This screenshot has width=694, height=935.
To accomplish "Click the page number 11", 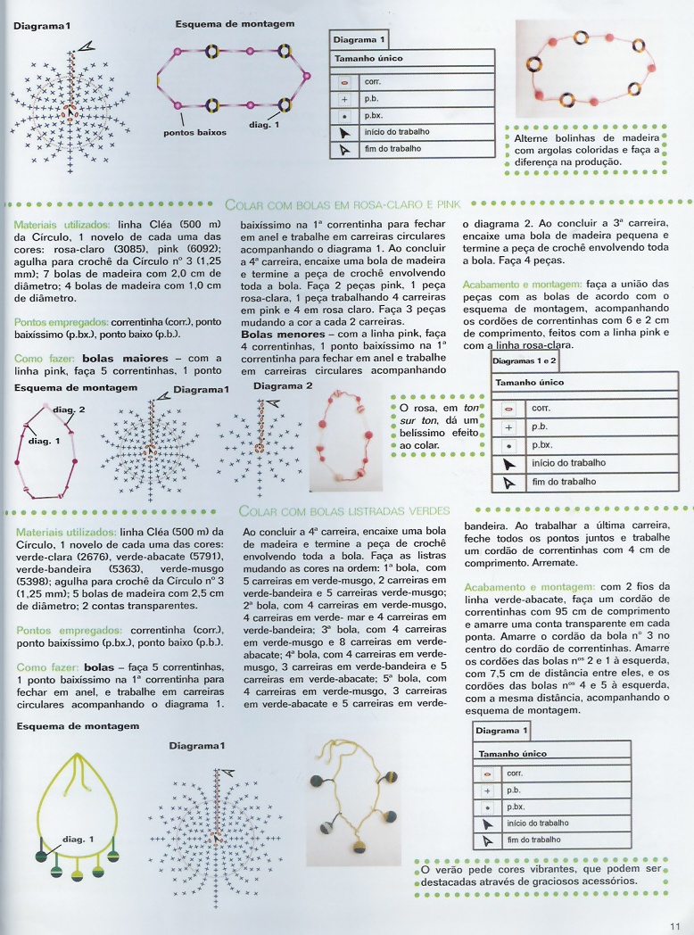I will pos(674,925).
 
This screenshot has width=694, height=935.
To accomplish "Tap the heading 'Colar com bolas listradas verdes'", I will pos(343,511).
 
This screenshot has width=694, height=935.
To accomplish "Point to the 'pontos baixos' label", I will pos(194,132).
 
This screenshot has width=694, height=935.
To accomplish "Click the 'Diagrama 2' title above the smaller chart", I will pos(283,386).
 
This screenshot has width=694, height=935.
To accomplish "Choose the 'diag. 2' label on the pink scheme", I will pos(69,410).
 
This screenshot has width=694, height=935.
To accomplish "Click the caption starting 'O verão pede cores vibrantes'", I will pos(541,874).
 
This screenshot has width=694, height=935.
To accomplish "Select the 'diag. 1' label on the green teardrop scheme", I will pos(78,839).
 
